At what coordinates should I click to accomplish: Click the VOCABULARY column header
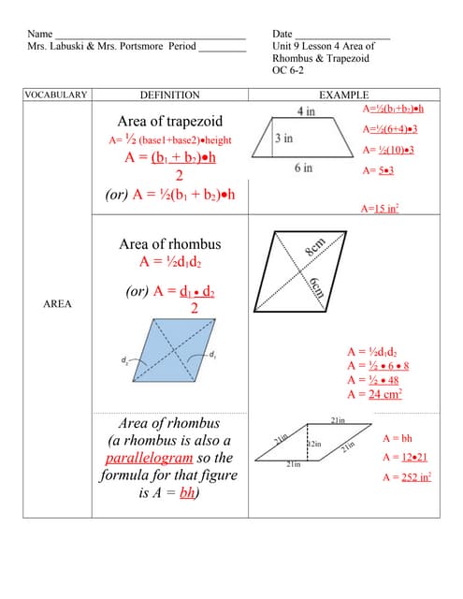point(56,95)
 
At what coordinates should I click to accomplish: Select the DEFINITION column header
point(169,95)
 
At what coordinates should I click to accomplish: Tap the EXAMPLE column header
point(343,95)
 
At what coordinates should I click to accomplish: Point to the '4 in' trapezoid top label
point(305,110)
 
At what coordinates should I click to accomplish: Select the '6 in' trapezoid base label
point(303,168)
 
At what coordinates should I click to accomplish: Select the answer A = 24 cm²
point(374,394)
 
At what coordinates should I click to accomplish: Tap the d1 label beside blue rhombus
point(212,354)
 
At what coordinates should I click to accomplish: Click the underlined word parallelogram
point(149,458)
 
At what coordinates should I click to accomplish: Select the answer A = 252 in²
point(406,476)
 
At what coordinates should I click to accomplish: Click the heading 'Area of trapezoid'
point(168,122)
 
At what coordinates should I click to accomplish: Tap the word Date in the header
point(282,33)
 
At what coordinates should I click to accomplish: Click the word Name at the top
point(39,33)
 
